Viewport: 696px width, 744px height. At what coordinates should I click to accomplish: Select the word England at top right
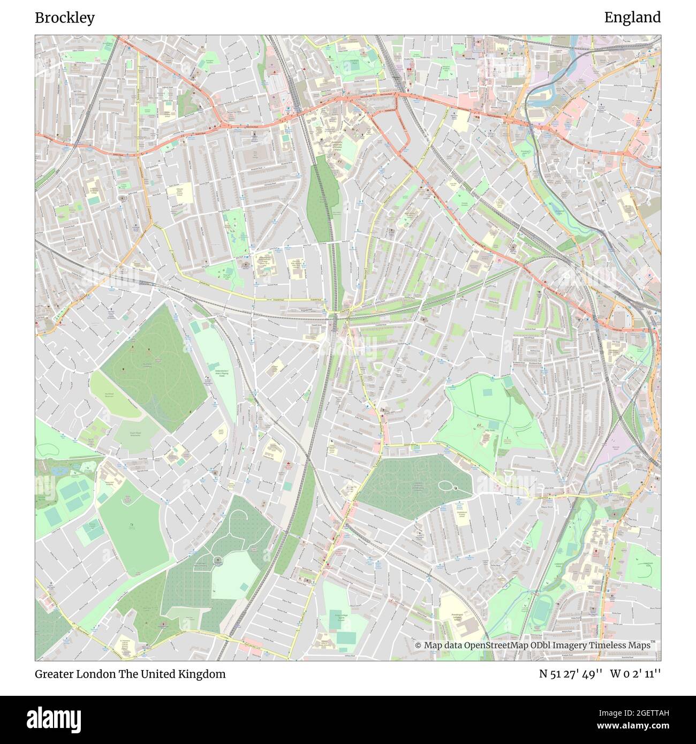(632, 18)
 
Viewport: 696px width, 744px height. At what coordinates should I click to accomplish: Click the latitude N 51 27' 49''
(570, 674)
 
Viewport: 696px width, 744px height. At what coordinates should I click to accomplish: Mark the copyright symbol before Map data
(419, 646)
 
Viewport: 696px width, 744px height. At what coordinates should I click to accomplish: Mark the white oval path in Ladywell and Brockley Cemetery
(448, 486)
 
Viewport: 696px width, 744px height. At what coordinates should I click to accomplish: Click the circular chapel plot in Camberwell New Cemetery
(218, 560)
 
